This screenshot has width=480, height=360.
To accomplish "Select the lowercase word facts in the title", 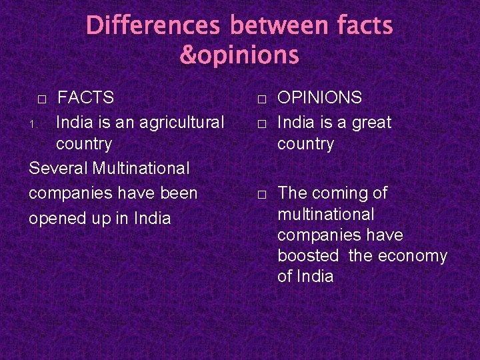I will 365,26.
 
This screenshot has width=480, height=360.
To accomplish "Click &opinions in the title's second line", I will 239,55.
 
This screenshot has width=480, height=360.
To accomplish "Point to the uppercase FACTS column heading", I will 86,98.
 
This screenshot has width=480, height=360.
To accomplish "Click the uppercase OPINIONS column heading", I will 319,98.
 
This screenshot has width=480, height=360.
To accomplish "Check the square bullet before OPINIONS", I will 263,99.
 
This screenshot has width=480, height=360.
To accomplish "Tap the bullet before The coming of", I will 263,195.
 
